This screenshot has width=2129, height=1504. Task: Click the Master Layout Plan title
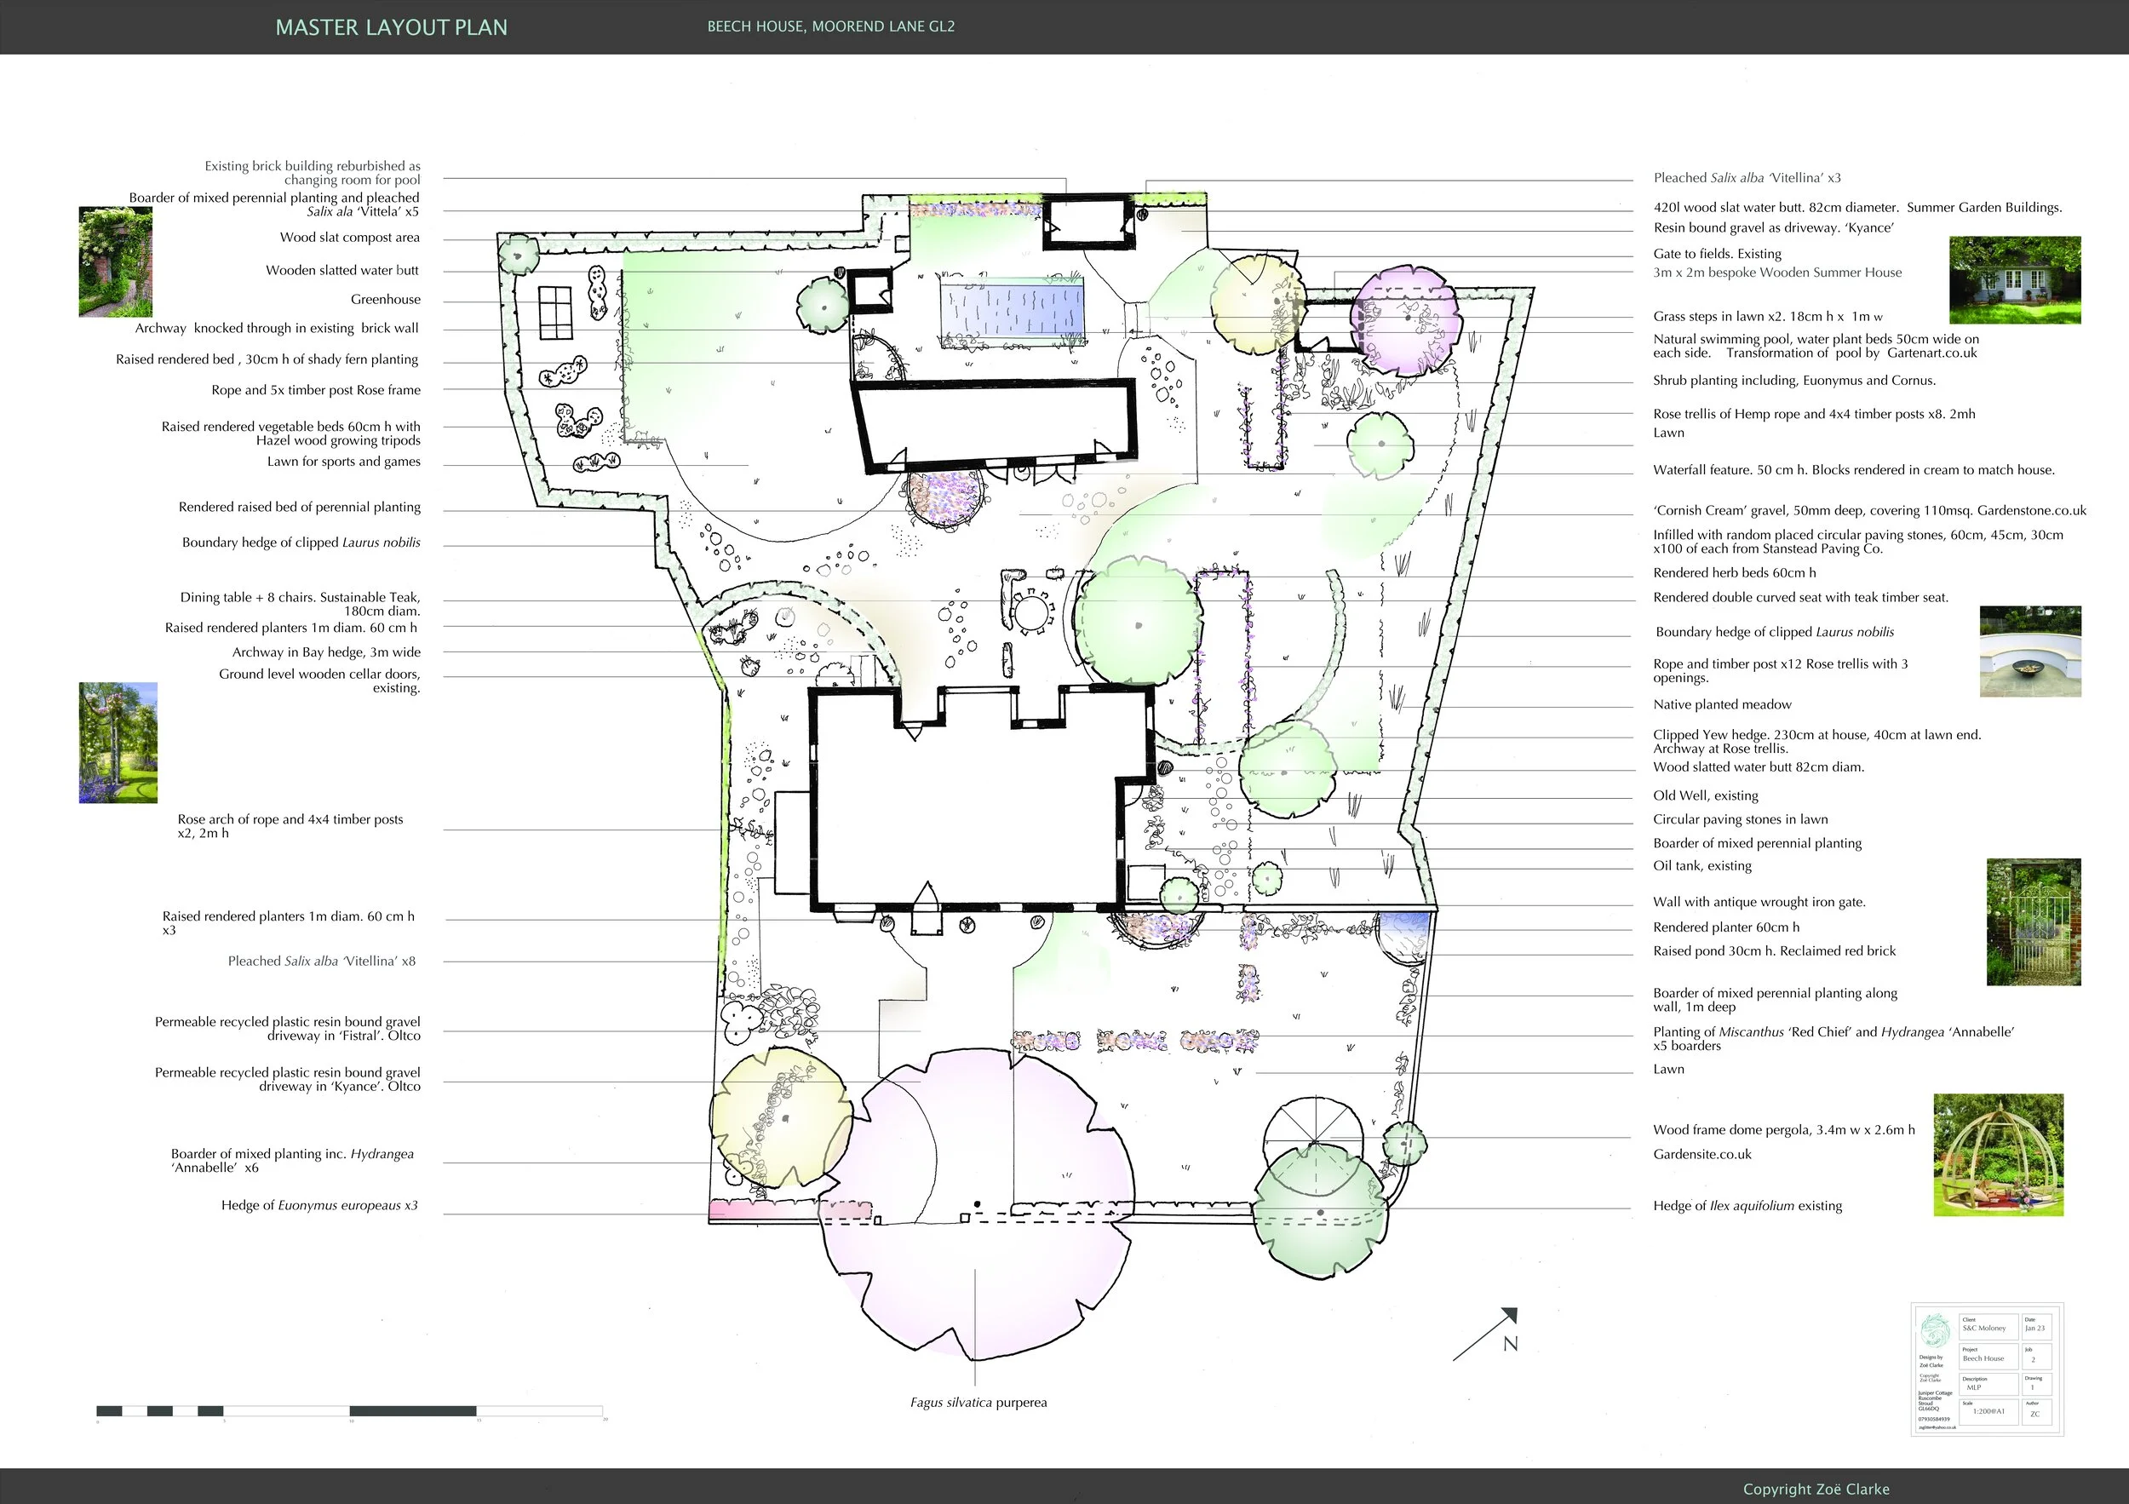(x=391, y=28)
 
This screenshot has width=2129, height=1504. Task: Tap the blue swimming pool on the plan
(x=1012, y=309)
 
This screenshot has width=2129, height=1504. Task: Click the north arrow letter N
(x=1511, y=1344)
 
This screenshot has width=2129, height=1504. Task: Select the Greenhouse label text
(x=385, y=300)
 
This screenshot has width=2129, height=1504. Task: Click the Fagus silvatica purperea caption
(x=978, y=1403)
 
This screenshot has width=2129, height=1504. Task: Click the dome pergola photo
(x=1998, y=1155)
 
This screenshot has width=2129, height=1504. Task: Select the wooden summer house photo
(x=2015, y=280)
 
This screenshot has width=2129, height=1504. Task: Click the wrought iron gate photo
(x=2034, y=921)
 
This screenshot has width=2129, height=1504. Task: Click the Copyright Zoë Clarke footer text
(x=1816, y=1490)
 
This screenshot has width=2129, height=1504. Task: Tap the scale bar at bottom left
(x=351, y=1411)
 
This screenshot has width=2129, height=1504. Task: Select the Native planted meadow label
(x=1722, y=704)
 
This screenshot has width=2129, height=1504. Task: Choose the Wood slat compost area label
(x=349, y=238)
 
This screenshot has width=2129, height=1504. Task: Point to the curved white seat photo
(x=2029, y=652)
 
